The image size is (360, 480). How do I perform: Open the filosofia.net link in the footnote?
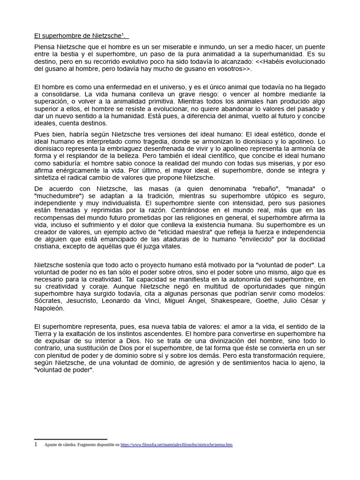click(176, 444)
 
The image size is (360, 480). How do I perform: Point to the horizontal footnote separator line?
click(71, 439)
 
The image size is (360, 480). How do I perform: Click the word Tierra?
click(45, 333)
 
